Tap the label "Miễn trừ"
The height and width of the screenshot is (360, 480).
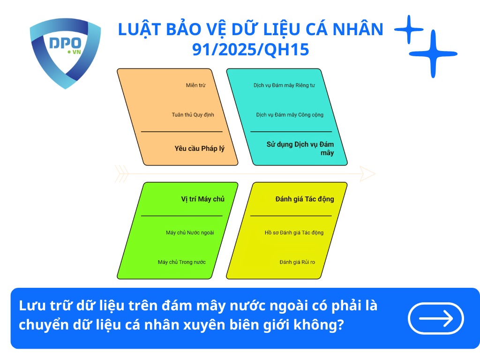click(195, 85)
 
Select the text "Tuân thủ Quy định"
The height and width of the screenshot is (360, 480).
click(193, 114)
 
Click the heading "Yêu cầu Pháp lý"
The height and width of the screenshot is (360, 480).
click(199, 149)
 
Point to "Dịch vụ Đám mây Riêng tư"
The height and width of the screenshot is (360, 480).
click(284, 85)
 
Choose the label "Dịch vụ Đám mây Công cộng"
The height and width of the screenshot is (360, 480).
click(290, 114)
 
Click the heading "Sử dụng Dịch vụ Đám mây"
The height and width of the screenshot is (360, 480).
click(300, 148)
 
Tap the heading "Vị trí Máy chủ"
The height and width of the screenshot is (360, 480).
click(202, 199)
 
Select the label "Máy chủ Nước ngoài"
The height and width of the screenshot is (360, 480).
click(190, 232)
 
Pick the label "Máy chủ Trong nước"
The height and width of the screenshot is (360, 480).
click(181, 262)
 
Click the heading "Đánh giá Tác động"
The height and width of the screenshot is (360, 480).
click(305, 199)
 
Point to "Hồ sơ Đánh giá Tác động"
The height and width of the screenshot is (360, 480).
click(294, 232)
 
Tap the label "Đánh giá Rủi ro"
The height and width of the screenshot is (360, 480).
click(297, 262)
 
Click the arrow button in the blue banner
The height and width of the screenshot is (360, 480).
click(436, 318)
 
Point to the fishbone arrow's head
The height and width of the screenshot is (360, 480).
click(368, 174)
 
